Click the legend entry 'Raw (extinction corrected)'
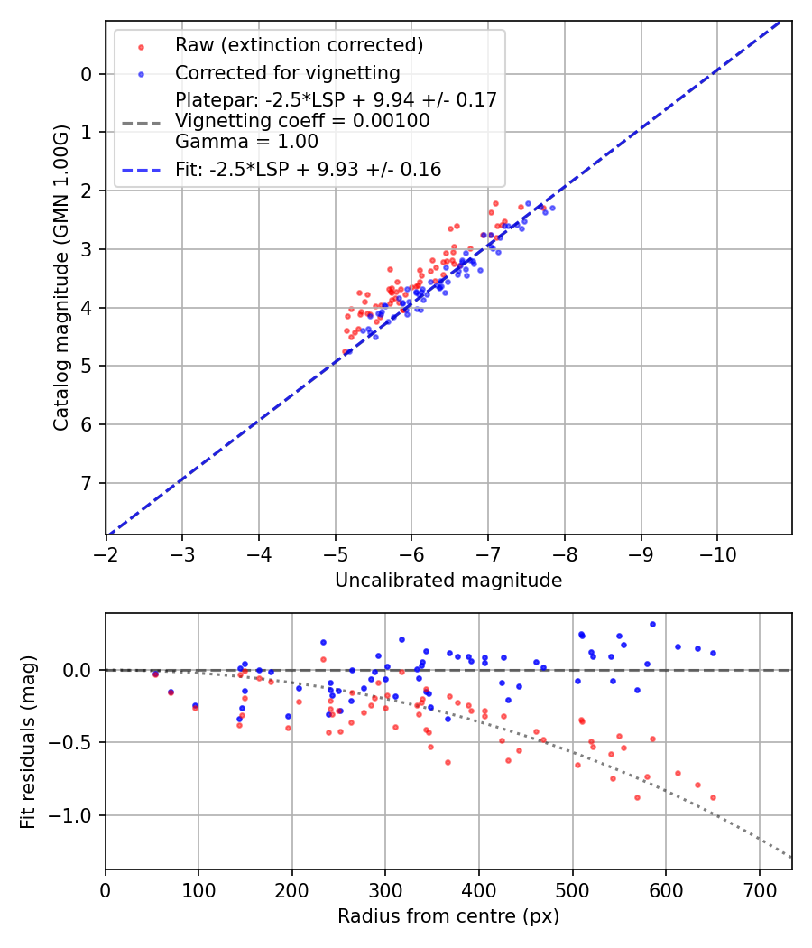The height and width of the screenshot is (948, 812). (299, 45)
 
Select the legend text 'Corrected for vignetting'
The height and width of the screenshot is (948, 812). (287, 72)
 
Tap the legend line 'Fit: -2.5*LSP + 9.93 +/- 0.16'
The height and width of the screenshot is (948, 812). (308, 169)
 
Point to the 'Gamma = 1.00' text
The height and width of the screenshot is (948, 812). (246, 141)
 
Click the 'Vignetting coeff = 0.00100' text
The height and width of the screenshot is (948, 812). (302, 120)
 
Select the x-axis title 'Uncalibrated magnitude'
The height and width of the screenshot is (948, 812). (448, 581)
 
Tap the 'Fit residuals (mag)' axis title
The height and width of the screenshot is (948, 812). (28, 742)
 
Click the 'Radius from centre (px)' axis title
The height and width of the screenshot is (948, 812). (448, 916)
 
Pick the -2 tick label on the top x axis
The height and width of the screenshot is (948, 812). (106, 550)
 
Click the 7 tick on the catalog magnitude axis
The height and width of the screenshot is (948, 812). (87, 483)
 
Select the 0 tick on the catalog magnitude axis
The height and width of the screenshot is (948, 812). (87, 74)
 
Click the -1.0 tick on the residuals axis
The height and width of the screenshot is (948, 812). (74, 815)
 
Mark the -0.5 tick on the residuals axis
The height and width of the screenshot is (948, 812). (74, 742)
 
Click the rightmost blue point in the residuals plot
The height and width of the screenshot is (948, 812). (713, 653)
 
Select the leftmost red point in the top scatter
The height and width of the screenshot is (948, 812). (345, 351)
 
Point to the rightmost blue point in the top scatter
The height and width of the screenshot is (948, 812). (552, 208)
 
